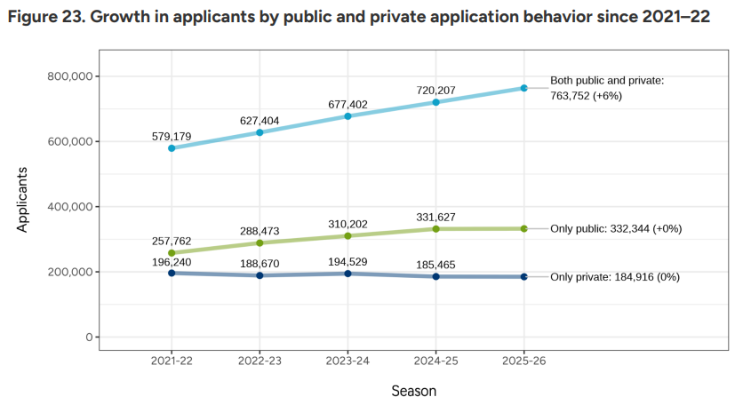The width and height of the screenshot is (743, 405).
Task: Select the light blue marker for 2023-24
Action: (348, 116)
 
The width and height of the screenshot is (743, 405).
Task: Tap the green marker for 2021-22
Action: (172, 253)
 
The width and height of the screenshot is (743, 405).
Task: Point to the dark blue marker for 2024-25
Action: (435, 276)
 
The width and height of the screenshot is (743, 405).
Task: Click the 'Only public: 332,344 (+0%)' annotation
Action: (616, 228)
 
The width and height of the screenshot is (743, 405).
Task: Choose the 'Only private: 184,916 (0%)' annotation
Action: (615, 277)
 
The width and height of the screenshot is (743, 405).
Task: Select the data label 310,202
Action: (348, 224)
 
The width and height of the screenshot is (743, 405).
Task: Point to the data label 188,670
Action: (260, 264)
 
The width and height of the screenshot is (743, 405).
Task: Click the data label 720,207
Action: (435, 91)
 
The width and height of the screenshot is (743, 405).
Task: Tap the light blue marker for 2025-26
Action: (523, 88)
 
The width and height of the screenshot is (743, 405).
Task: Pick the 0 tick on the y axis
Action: (89, 337)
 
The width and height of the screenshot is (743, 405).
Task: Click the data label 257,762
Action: (172, 240)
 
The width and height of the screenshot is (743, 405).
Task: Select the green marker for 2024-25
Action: (435, 229)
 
